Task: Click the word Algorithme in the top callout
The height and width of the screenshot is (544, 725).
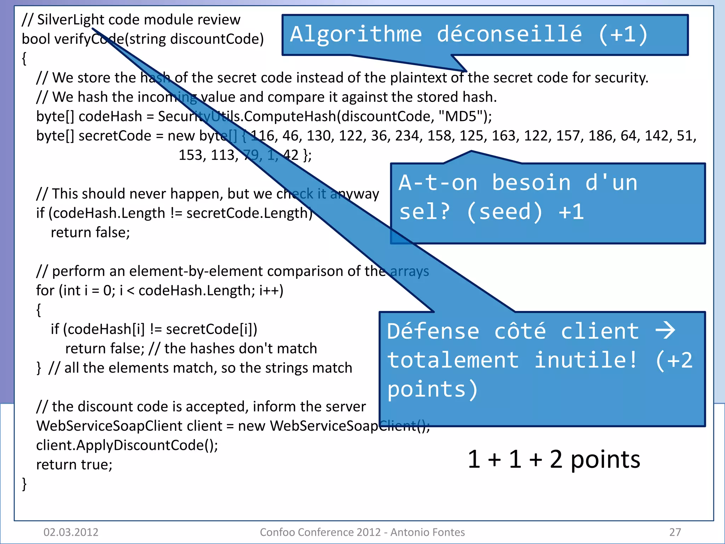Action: (x=356, y=34)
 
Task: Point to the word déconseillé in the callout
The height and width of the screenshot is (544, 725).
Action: (x=509, y=34)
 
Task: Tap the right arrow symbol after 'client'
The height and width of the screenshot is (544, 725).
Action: (x=665, y=330)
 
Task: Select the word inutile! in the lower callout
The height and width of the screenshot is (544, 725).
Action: (x=586, y=360)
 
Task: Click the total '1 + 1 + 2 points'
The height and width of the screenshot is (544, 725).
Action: (x=554, y=459)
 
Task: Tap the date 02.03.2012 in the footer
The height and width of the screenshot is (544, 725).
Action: (x=71, y=532)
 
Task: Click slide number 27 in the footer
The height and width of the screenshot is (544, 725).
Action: (x=675, y=532)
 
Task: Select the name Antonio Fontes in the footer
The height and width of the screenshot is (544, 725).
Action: (x=428, y=532)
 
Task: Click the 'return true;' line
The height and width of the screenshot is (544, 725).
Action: (x=74, y=464)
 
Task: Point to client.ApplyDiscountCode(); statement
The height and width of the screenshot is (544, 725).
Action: (x=127, y=445)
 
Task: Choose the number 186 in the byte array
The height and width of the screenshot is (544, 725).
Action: (x=601, y=136)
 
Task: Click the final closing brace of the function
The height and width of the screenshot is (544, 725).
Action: (x=24, y=484)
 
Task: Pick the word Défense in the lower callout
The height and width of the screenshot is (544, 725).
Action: (x=433, y=331)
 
